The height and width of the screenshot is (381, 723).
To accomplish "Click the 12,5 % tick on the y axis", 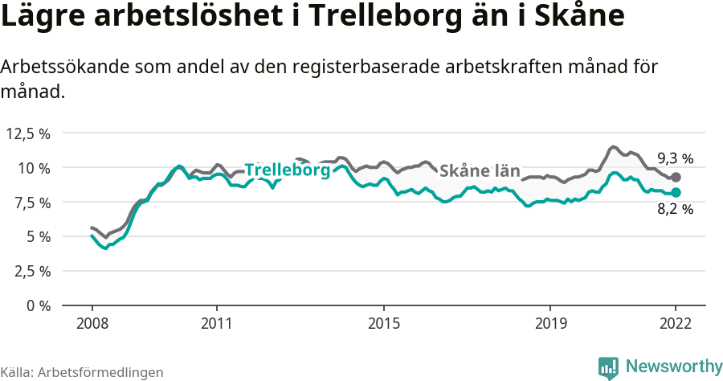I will (x=27, y=133).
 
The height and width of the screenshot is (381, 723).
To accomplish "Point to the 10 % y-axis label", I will (x=33, y=168).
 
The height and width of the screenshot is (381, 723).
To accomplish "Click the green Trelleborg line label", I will (x=287, y=170).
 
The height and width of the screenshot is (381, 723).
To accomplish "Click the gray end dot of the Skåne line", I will (x=676, y=177).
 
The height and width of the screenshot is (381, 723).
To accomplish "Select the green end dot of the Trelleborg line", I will (x=676, y=192).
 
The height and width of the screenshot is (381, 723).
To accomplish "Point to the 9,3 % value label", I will (x=675, y=158).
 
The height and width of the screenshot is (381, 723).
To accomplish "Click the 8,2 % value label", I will (x=675, y=210).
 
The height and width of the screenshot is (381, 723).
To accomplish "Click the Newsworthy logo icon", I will (x=608, y=367).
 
